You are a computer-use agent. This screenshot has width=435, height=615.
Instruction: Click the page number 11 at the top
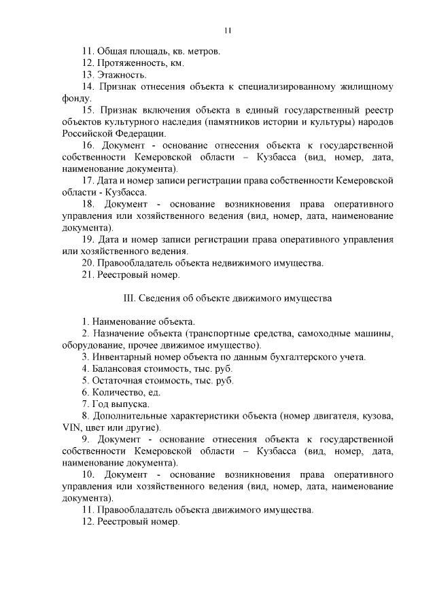pos(228,30)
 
